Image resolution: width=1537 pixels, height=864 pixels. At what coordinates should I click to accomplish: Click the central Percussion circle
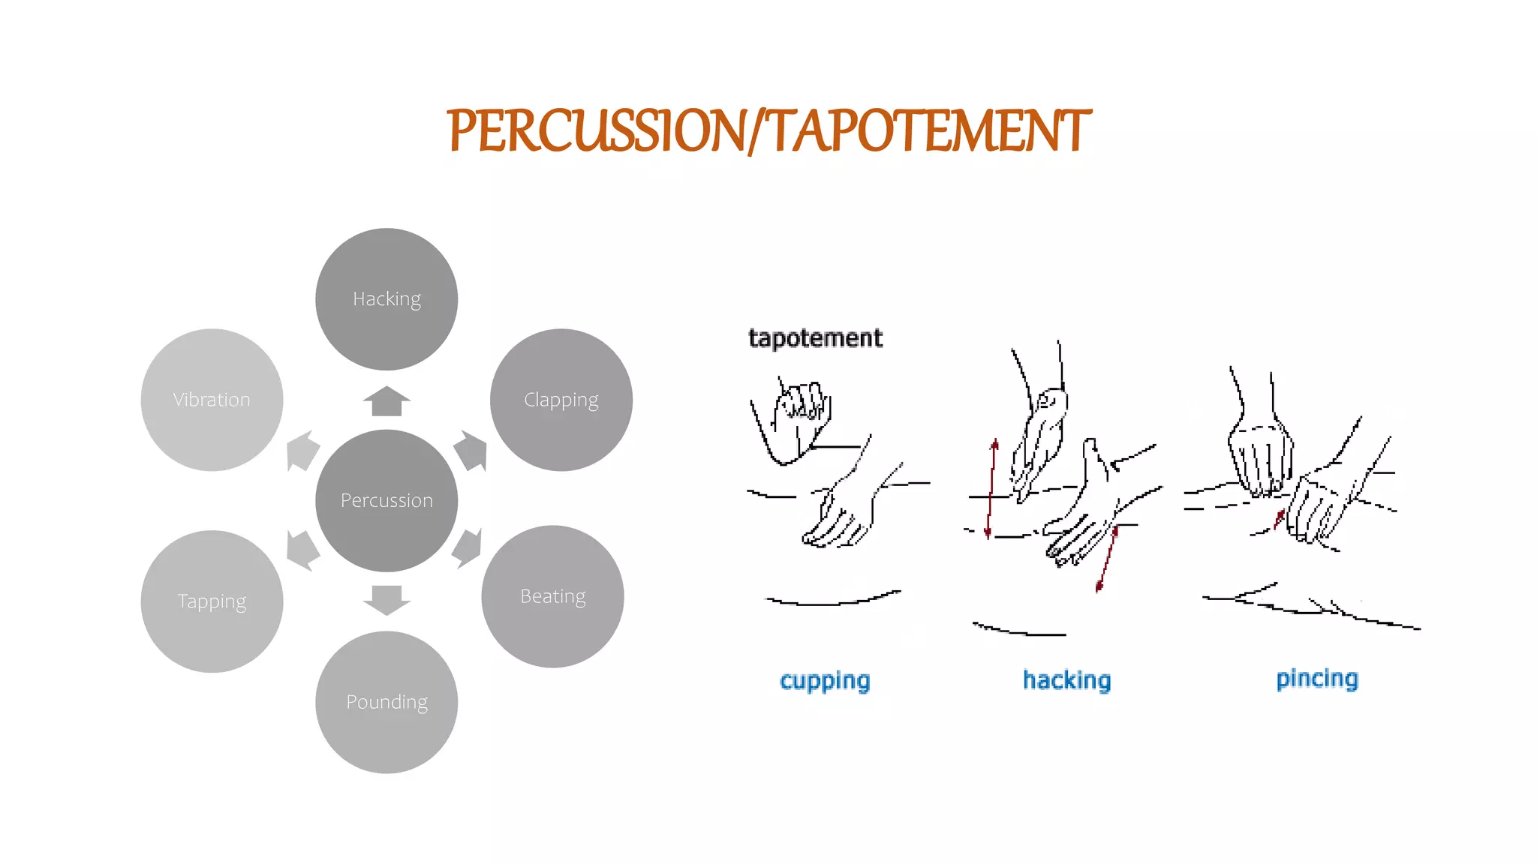click(387, 500)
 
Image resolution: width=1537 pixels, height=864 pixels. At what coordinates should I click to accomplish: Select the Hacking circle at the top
click(387, 298)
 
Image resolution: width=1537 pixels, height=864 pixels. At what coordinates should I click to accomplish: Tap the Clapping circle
click(561, 400)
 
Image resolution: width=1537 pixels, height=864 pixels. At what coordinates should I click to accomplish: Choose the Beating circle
click(552, 596)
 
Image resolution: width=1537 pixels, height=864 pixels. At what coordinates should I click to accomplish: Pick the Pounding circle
click(387, 702)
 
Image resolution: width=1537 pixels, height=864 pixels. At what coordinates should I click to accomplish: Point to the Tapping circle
click(212, 601)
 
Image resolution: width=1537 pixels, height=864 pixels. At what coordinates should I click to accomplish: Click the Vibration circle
click(212, 400)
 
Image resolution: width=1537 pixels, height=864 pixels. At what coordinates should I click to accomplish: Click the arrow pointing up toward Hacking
click(387, 401)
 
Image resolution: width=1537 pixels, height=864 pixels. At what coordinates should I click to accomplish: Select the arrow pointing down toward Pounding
click(387, 599)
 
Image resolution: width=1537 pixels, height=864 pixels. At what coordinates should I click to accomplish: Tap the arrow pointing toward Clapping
click(472, 450)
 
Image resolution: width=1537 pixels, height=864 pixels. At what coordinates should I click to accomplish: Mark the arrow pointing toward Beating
click(468, 547)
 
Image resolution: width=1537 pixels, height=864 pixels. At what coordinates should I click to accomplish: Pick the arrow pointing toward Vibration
click(302, 451)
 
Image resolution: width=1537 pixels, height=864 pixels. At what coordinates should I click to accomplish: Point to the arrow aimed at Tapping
click(302, 550)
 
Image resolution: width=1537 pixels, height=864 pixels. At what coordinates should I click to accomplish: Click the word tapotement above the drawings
click(815, 338)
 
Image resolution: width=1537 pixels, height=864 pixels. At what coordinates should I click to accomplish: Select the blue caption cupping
click(825, 681)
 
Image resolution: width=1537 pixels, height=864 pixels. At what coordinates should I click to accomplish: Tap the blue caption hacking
click(1066, 680)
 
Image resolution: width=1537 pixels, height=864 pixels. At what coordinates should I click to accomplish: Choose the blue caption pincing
click(1317, 679)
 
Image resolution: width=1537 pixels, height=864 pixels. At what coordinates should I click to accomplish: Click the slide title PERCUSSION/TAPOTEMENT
click(768, 130)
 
